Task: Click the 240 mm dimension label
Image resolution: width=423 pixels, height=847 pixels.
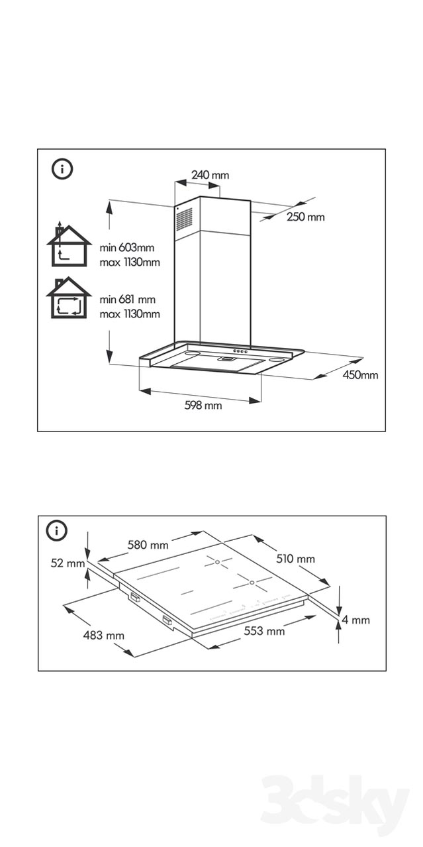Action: click(x=210, y=175)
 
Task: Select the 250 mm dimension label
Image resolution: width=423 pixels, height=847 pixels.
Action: click(x=306, y=217)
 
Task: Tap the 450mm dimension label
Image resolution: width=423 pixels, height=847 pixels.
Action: click(x=361, y=375)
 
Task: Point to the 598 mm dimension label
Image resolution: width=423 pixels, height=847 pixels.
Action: click(x=203, y=406)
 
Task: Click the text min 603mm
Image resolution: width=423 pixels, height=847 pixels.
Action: click(x=127, y=248)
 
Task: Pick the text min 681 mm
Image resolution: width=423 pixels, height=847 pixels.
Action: click(x=128, y=300)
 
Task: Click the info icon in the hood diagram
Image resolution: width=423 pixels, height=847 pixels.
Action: click(x=62, y=169)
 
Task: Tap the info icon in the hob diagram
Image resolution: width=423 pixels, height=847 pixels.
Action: click(x=58, y=530)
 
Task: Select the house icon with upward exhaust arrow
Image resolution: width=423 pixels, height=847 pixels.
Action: click(x=68, y=243)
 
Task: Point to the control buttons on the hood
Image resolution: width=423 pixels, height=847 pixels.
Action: click(x=240, y=351)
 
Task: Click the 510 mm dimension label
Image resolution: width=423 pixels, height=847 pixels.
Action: click(x=295, y=559)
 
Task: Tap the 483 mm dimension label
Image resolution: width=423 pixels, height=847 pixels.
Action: click(x=104, y=636)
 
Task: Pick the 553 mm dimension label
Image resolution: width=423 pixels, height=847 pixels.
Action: click(x=264, y=631)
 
